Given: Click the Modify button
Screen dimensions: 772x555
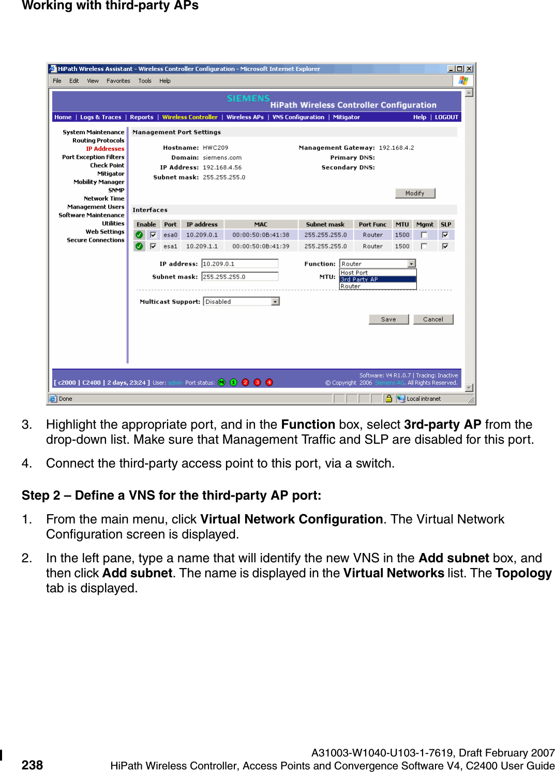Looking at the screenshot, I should click(415, 193).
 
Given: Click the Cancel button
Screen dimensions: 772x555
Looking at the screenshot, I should click(433, 319).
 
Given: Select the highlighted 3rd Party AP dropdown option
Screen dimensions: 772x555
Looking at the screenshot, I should click(378, 280).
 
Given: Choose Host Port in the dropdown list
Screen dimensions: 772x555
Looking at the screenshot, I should click(378, 273).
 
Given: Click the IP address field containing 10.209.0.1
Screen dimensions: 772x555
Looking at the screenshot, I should click(239, 264).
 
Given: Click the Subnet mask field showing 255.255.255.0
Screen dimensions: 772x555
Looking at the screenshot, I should click(239, 277).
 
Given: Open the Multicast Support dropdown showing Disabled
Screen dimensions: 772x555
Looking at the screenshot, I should click(241, 302).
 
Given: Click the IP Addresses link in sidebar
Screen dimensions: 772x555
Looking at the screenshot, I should click(105, 149).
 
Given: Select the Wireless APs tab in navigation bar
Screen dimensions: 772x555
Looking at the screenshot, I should click(245, 118).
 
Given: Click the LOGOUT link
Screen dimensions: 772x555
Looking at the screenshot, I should click(446, 118).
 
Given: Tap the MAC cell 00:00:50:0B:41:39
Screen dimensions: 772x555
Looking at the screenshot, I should click(261, 246).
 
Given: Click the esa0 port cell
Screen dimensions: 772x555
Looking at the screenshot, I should click(170, 235).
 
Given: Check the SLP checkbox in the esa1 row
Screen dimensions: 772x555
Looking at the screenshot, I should click(445, 246).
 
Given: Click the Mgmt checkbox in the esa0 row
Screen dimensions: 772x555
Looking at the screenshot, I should click(424, 235).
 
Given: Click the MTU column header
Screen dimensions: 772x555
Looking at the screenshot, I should click(402, 225).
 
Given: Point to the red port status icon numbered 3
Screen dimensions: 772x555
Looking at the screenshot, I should click(257, 383).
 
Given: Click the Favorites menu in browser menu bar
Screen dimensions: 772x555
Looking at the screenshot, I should click(118, 81).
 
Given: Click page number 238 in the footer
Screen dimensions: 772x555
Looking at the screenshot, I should click(32, 765).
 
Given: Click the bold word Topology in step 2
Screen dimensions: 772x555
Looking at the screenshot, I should click(523, 573).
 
